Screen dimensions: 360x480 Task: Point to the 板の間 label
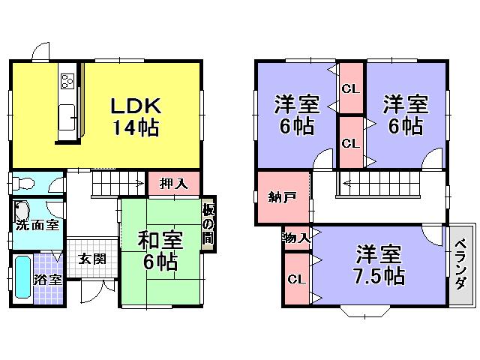(x=207, y=224)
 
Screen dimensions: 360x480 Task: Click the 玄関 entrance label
(x=92, y=259)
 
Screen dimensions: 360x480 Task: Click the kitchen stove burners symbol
(x=66, y=79)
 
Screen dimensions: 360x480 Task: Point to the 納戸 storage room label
(x=282, y=197)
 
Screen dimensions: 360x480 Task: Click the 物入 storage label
(x=296, y=238)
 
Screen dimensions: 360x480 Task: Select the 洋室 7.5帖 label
(x=380, y=265)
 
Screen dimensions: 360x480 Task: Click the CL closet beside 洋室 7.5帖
(x=295, y=279)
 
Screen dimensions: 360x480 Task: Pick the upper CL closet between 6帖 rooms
(x=350, y=88)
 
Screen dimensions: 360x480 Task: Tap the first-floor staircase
(x=116, y=184)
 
